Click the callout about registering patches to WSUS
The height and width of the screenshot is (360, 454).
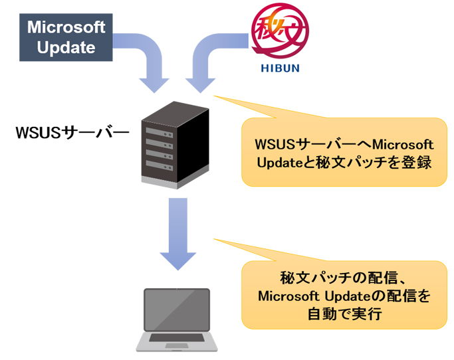coord(344,152)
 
